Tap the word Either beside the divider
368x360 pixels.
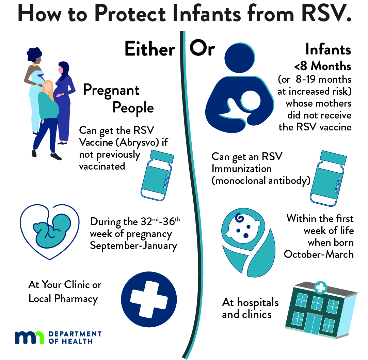tap(150, 49)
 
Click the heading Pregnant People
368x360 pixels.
tap(118, 99)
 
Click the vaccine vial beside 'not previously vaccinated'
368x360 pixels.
tap(157, 175)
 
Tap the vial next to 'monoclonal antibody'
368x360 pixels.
tap(328, 178)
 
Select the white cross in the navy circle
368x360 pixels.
tap(149, 299)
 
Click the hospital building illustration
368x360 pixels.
tap(321, 310)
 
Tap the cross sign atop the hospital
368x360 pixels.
tap(321, 287)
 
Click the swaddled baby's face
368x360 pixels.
tap(243, 228)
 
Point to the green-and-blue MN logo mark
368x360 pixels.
tap(29, 338)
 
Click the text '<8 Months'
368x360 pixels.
tap(322, 66)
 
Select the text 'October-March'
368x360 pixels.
tap(319, 254)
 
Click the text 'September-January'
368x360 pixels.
tap(133, 246)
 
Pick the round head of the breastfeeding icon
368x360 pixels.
tap(240, 58)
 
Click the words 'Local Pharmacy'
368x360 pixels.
tap(63, 299)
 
